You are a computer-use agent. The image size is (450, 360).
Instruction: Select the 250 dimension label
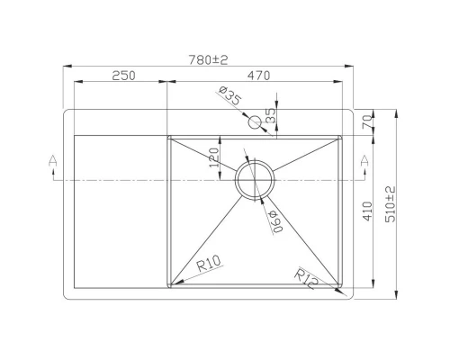point(123,76)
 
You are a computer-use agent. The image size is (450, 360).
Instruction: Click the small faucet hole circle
point(256,121)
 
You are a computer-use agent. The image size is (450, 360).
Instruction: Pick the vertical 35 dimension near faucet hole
point(272,115)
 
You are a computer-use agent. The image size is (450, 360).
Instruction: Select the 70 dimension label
point(366,121)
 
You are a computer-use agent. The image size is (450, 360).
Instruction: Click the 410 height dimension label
point(366,212)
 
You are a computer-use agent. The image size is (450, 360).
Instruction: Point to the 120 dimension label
point(214,157)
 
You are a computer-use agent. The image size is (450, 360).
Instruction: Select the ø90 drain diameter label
point(273,219)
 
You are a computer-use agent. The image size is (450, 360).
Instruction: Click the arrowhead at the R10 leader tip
point(174,283)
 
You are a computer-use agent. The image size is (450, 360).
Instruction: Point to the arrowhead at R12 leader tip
point(341,293)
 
